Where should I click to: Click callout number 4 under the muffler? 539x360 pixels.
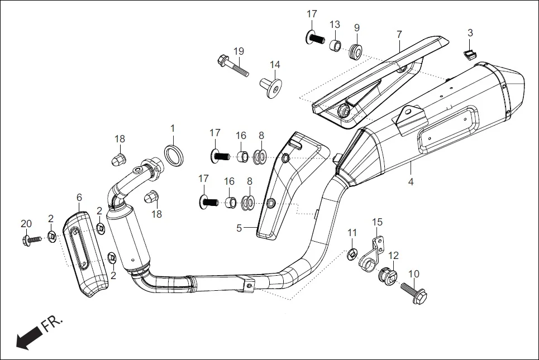pos(411,183)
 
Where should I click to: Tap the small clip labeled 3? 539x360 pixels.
pos(470,54)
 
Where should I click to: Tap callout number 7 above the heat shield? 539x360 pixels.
pos(399,35)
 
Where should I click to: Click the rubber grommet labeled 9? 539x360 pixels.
pos(356,51)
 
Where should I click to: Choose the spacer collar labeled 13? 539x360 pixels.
pos(335,45)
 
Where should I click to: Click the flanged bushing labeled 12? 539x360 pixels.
pos(386,275)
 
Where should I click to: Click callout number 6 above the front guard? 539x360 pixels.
pos(79,197)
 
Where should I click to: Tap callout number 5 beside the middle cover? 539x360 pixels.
pos(239,228)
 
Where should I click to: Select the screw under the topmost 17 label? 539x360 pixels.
pos(315,39)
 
